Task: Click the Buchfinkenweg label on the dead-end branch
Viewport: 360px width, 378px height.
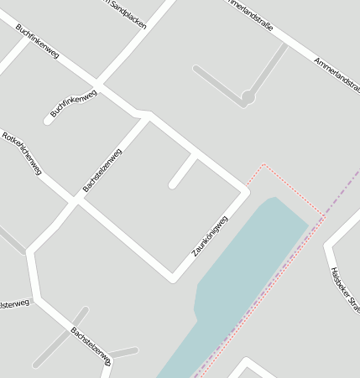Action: click(73, 102)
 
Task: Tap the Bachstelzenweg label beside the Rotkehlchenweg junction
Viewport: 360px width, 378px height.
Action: click(102, 170)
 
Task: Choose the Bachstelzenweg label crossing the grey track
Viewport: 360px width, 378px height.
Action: click(90, 344)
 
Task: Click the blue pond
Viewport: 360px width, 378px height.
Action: click(243, 268)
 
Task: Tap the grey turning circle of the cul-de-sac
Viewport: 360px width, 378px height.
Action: click(248, 98)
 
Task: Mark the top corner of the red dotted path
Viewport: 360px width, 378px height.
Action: click(264, 164)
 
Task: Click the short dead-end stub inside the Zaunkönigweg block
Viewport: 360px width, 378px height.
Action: click(184, 171)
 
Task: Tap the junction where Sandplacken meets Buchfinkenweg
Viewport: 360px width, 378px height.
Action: click(99, 84)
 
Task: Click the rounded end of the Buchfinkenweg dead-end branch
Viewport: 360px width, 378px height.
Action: click(50, 121)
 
